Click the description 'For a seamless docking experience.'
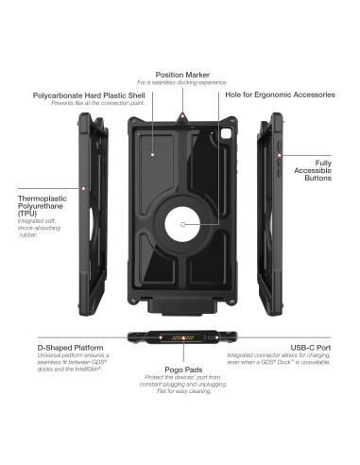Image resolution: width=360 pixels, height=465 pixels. [180, 82]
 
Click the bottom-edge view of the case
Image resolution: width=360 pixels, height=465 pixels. [180, 337]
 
